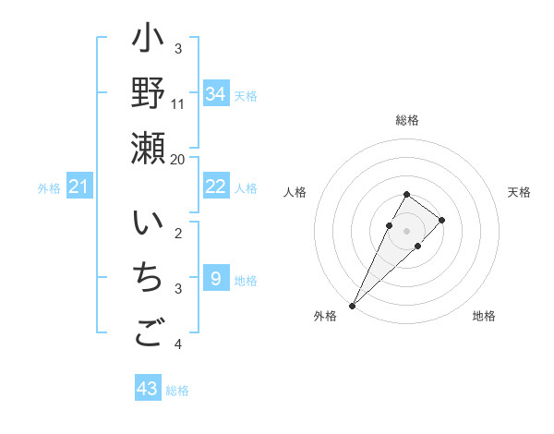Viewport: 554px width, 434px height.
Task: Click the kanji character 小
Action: pos(148,42)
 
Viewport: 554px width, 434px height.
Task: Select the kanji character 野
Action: pos(148,93)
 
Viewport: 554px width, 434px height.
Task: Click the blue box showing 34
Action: pos(215,94)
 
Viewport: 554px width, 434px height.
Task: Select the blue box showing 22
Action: pos(215,187)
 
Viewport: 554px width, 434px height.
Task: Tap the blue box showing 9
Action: pos(215,278)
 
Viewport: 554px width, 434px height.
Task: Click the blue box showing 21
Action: pos(79,187)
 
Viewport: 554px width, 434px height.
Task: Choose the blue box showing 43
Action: pos(148,389)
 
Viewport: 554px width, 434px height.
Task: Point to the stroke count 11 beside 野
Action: pos(178,103)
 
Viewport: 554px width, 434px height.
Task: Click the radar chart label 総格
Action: pos(407,120)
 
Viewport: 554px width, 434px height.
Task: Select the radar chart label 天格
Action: pos(519,192)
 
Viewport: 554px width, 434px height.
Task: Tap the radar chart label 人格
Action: pos(295,192)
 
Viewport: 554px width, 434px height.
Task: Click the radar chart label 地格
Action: pos(484,317)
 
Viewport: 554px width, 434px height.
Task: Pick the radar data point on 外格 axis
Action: pos(352,305)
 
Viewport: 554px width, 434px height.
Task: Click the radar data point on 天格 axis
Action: pos(442,220)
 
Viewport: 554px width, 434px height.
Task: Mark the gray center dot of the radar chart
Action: pos(407,231)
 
